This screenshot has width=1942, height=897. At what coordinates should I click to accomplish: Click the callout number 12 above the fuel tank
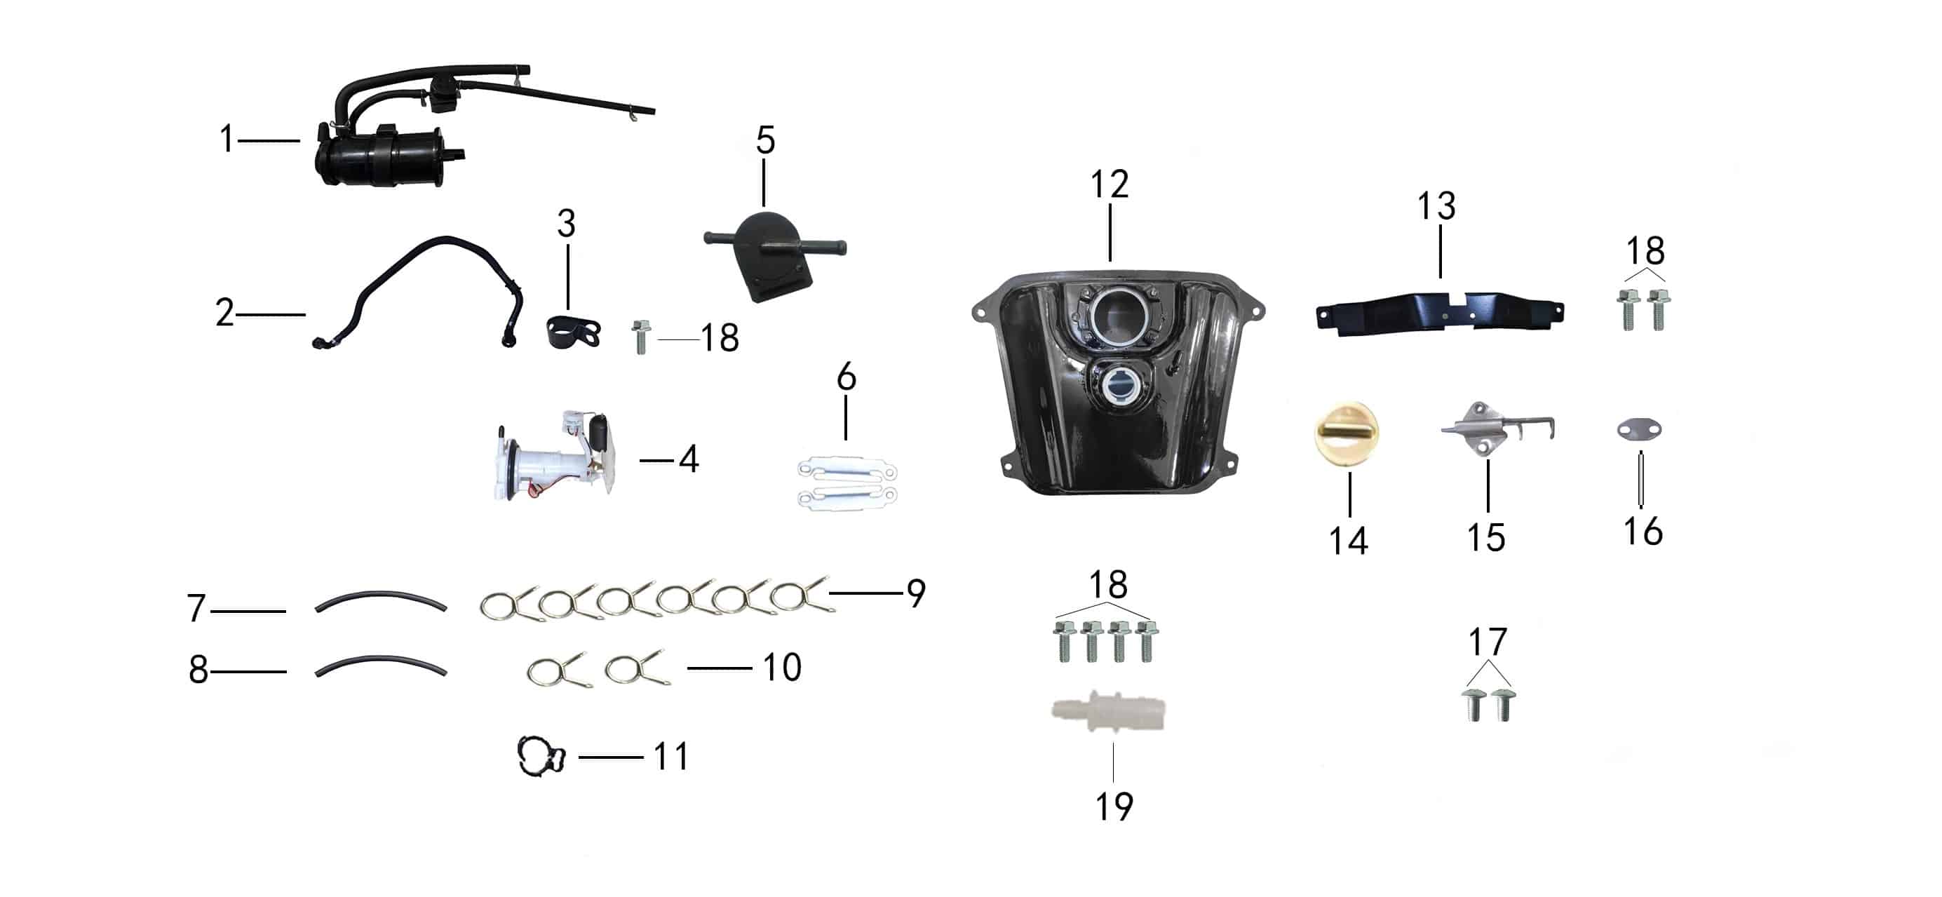click(1110, 184)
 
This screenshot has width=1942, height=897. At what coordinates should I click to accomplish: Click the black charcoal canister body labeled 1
click(381, 158)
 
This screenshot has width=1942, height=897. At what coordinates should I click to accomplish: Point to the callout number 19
click(1114, 806)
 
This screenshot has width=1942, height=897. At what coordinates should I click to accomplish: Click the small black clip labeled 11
click(541, 756)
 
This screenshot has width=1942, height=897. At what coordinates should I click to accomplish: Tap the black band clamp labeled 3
click(572, 332)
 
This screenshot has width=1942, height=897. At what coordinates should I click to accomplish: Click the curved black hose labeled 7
click(381, 598)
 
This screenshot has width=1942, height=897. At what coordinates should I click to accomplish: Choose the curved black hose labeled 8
click(381, 663)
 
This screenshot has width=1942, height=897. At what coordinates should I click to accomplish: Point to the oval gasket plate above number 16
click(1640, 430)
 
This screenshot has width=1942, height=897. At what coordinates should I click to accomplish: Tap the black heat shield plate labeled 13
click(1439, 313)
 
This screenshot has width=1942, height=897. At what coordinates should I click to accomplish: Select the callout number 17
click(1488, 642)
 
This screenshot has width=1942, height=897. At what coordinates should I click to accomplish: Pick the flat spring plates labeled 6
click(847, 483)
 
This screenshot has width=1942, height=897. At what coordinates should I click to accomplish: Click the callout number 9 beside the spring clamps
click(916, 593)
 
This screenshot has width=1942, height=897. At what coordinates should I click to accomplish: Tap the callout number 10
click(782, 667)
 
